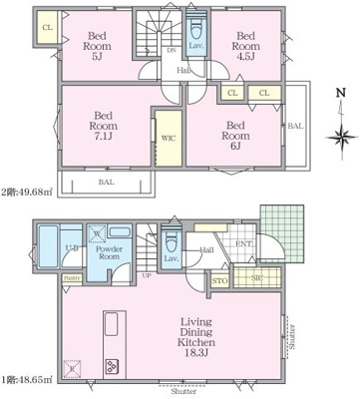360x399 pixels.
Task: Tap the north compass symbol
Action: click(x=342, y=128)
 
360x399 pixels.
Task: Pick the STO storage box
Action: click(x=220, y=282)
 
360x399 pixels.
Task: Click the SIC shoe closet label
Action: click(x=257, y=276)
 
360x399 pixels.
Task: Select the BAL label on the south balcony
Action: click(x=105, y=185)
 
